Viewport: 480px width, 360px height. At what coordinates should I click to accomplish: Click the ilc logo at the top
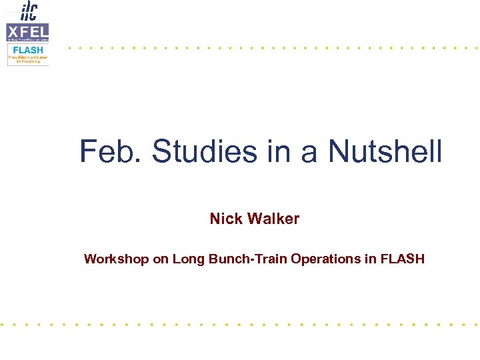tap(29, 11)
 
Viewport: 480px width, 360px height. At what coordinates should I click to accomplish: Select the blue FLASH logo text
tap(27, 50)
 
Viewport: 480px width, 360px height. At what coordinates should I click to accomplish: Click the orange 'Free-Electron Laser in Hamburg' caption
tap(28, 59)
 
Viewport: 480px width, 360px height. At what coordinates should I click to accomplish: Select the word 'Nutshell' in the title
tap(385, 151)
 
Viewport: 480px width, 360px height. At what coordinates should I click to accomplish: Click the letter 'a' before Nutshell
tap(308, 153)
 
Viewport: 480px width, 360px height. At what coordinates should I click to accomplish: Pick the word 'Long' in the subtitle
tap(189, 259)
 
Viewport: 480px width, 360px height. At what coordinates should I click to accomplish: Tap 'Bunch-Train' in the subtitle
tap(247, 259)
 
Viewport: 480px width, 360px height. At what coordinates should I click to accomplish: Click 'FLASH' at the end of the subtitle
tap(402, 259)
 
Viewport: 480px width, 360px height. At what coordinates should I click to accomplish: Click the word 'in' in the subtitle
tap(371, 259)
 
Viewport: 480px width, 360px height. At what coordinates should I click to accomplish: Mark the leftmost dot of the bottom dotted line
tap(3, 325)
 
